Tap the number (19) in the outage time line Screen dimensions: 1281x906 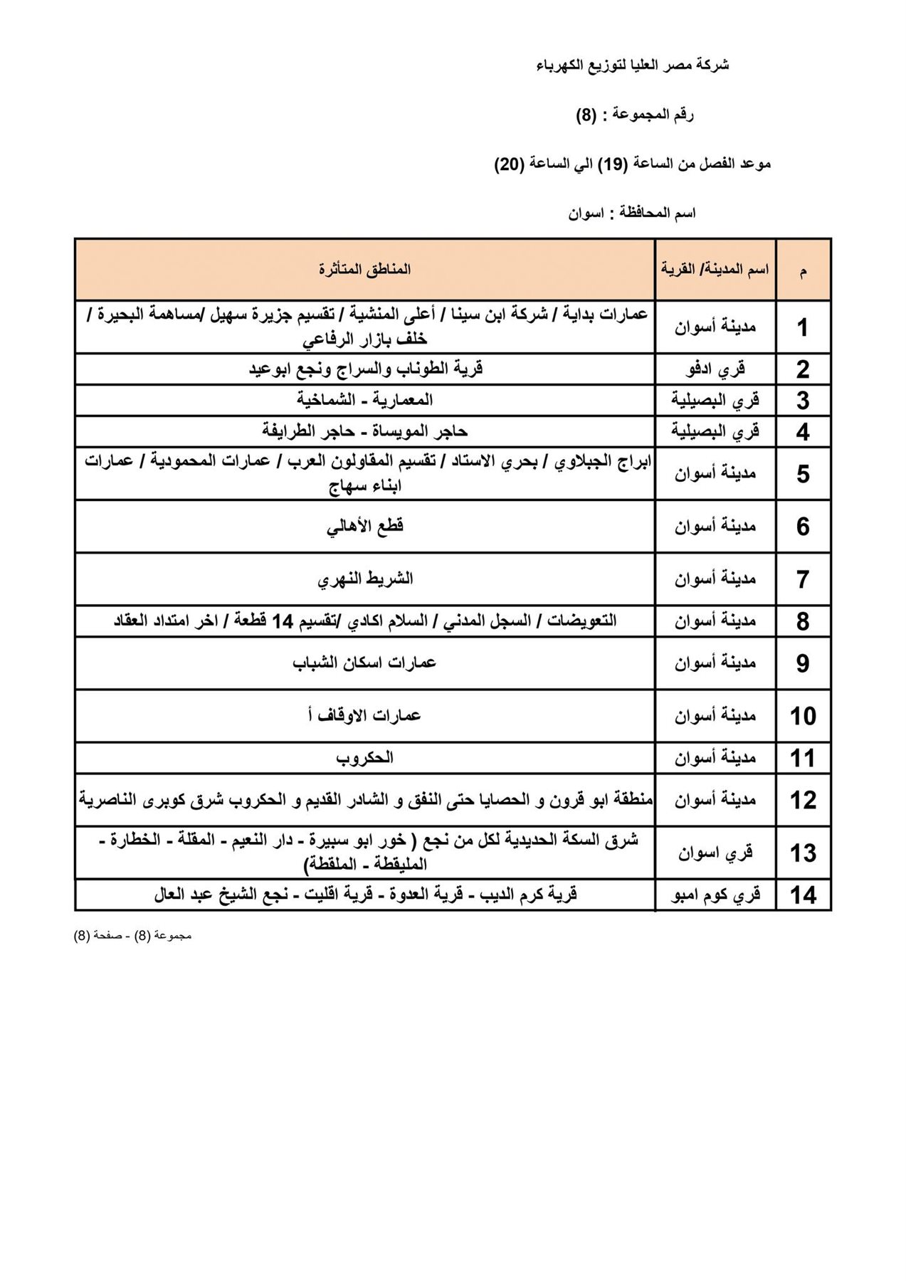coord(614,164)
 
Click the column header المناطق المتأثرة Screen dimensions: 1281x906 coord(364,270)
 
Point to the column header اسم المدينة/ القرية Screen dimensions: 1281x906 coord(715,270)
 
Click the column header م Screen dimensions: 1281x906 coord(803,271)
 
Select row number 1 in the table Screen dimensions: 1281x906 coord(803,328)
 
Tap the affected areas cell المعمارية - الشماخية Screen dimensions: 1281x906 coord(364,400)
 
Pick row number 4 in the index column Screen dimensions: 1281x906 coord(803,432)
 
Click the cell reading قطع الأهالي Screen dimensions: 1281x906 coord(364,527)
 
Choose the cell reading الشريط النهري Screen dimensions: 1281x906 coord(364,579)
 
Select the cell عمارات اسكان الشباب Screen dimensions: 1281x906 coord(364,663)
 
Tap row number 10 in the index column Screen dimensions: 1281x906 coord(803,716)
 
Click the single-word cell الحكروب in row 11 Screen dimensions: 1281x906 coord(364,758)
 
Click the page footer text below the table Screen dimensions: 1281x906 coord(132,936)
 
